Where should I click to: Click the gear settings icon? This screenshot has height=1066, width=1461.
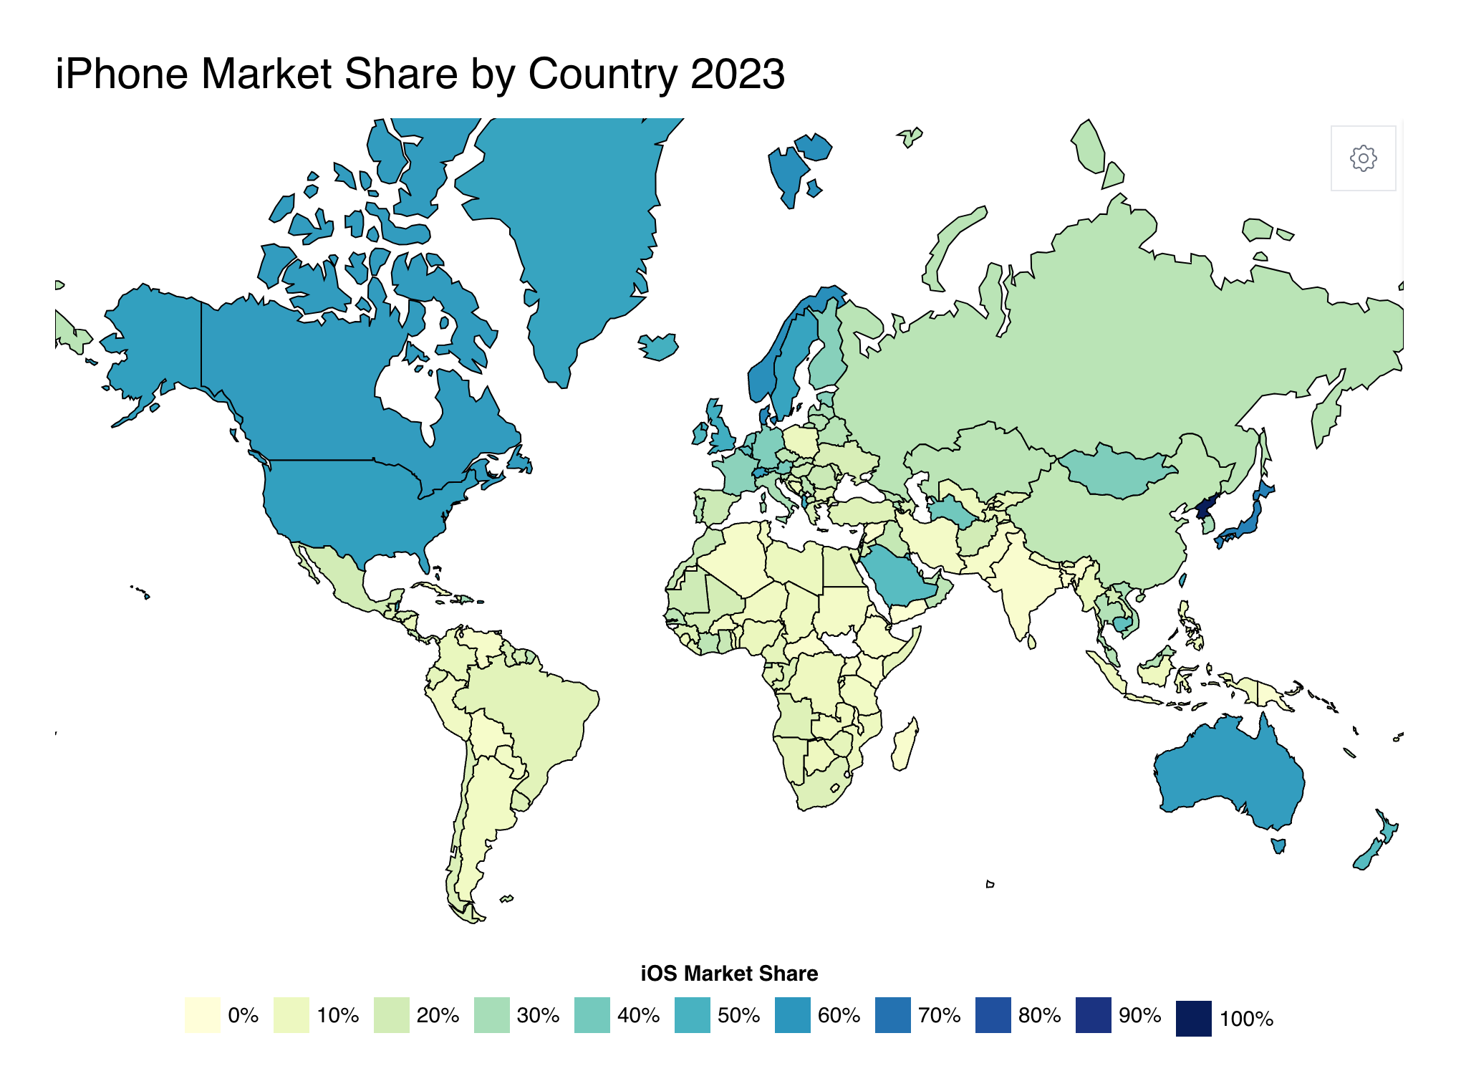click(x=1363, y=158)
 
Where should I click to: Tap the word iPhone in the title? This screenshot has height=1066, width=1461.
click(x=122, y=74)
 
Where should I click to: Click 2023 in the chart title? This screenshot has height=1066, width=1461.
click(x=738, y=74)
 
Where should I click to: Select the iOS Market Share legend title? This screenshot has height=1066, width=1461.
click(x=729, y=973)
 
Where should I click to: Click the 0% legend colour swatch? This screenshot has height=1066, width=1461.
click(x=202, y=1014)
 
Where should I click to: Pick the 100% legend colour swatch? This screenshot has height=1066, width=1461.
click(x=1193, y=1018)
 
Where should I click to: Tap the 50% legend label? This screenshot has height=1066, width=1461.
click(x=738, y=1015)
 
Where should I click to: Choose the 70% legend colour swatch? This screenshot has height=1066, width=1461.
click(x=892, y=1014)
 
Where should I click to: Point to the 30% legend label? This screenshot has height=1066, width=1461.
click(x=538, y=1015)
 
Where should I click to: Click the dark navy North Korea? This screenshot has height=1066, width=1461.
click(x=1205, y=508)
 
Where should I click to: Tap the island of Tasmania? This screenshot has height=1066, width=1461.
click(x=1278, y=845)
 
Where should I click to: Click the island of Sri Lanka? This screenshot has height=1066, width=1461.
click(x=1032, y=640)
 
